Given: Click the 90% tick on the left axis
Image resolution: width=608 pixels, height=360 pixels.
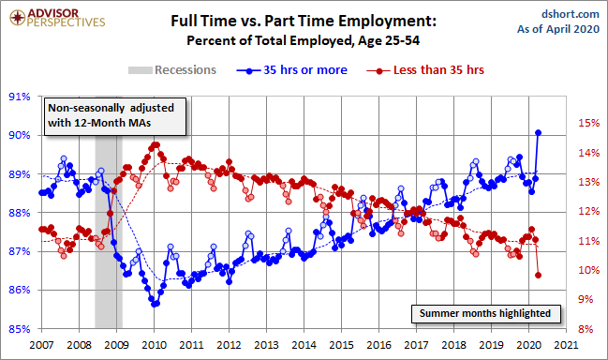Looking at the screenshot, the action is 20,135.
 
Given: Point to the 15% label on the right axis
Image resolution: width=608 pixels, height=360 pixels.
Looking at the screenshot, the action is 589,123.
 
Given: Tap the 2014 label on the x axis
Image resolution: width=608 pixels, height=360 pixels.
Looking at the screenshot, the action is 304,344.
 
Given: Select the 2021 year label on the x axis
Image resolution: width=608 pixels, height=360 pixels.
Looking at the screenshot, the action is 566,344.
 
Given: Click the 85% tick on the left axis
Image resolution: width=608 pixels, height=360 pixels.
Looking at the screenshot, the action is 20,329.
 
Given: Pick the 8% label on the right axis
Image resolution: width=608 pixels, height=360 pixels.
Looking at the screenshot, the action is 586,329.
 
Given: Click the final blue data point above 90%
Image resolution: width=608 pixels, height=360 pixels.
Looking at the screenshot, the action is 538,133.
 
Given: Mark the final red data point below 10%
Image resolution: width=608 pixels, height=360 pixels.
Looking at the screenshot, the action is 538,275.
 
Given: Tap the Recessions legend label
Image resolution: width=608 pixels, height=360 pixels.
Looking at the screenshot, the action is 185,70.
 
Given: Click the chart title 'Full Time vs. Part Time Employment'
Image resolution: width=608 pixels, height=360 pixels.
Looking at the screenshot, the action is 304,21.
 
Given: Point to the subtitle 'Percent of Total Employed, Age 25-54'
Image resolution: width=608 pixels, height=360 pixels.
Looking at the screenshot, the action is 304,40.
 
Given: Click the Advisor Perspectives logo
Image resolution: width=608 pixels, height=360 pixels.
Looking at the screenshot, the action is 57,18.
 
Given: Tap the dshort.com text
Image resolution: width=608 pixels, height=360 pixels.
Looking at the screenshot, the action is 571,14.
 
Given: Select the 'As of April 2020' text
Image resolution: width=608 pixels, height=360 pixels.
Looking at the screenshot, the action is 558,29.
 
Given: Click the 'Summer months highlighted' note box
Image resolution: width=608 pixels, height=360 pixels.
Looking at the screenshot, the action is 486,313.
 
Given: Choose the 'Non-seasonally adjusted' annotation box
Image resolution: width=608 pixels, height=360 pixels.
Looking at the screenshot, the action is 115,116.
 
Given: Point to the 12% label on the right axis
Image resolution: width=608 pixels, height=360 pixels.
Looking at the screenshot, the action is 589,212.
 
